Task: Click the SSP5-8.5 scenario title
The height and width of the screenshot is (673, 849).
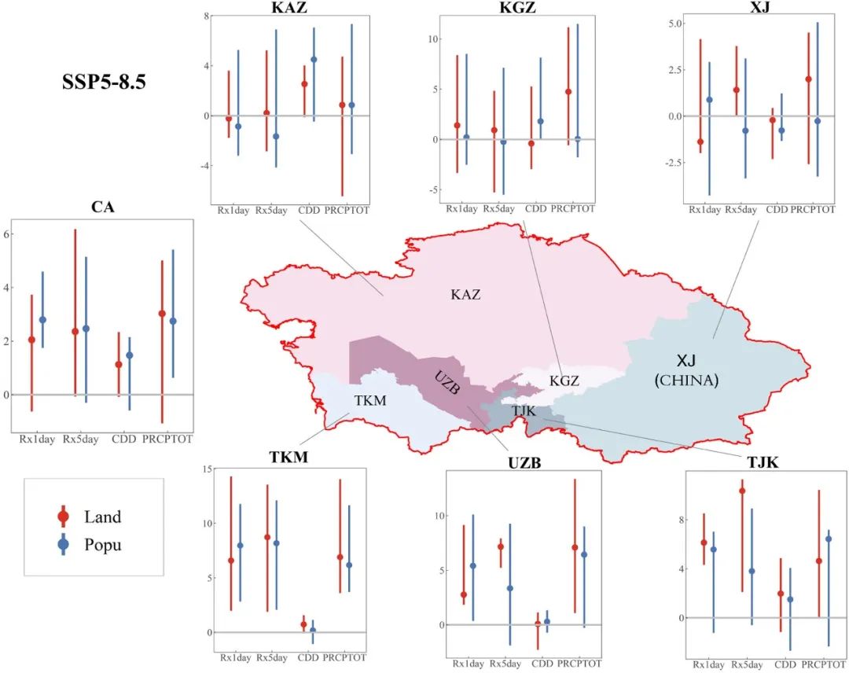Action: click(x=104, y=83)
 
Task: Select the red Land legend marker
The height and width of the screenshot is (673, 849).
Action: click(x=64, y=517)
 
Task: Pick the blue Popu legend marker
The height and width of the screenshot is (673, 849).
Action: click(x=64, y=543)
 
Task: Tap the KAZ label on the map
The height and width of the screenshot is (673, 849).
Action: click(x=465, y=295)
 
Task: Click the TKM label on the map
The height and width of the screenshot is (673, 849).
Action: click(x=369, y=400)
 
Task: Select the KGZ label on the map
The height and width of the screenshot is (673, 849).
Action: click(x=564, y=381)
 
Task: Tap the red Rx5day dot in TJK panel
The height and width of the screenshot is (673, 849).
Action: click(x=741, y=491)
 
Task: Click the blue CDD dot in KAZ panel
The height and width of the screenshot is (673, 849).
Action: click(x=314, y=60)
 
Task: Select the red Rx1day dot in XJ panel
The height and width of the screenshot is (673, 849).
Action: click(x=700, y=142)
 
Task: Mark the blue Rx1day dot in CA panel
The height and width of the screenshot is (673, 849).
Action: click(x=42, y=320)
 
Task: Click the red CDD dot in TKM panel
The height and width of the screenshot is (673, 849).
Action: click(x=304, y=624)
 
